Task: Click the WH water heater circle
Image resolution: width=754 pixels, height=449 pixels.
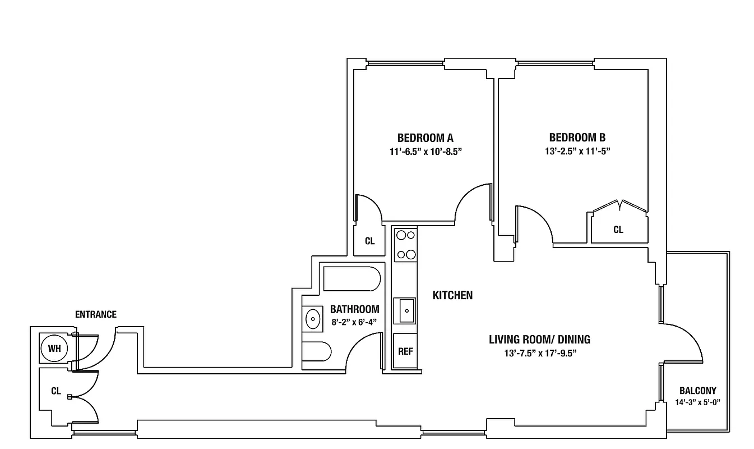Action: coord(54,349)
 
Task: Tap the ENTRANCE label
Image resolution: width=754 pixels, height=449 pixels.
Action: coord(96,314)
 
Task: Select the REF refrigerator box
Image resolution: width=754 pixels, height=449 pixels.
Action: coord(405,351)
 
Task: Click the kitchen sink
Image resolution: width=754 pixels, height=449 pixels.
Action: coord(404,310)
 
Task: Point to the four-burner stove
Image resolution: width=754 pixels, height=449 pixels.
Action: coord(405,245)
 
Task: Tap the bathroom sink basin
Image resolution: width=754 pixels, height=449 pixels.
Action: coord(312,319)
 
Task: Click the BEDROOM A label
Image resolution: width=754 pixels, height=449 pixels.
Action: coord(425,138)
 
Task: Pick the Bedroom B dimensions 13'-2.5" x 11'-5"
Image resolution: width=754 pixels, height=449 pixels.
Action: coord(577,151)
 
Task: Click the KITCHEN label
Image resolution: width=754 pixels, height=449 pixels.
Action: coord(452,295)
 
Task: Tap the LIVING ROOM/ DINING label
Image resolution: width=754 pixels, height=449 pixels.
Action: coord(539,340)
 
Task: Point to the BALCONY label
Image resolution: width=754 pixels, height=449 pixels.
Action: coord(697,391)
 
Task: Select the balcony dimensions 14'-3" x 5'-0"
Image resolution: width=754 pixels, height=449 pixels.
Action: coord(697,402)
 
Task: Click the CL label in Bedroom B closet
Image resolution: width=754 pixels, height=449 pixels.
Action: coord(618,230)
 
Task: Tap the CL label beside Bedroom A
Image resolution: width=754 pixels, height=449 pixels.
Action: coord(369,241)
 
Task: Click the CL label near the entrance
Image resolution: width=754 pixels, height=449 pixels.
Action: coord(55,391)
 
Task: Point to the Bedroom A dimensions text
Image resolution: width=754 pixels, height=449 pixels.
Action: coord(425,151)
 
